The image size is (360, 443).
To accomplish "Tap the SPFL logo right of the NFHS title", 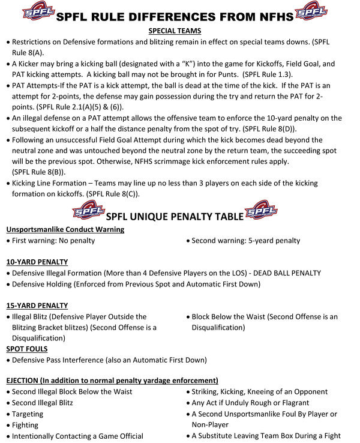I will click(313, 11).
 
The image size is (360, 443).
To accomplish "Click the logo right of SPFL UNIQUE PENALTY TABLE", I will click(261, 212).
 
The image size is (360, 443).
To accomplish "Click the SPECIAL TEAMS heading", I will click(174, 31).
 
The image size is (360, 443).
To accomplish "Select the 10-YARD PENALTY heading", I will click(37, 262).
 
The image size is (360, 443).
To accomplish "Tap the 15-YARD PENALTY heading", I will click(37, 305).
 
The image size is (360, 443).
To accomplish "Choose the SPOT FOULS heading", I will click(27, 349).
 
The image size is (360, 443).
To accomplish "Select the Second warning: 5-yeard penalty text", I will click(246, 241).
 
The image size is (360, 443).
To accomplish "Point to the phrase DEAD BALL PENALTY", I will click(282, 273).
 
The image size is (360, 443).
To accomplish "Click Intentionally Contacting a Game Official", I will click(77, 436).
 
